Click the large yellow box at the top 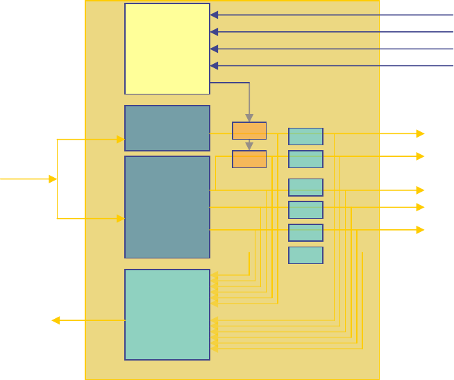(x=167, y=49)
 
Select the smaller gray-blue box (x=167, y=128)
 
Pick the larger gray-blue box (x=167, y=207)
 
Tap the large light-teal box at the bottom (x=167, y=315)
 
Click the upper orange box (x=249, y=131)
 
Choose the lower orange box (x=249, y=159)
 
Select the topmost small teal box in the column (x=305, y=136)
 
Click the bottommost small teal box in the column (x=305, y=255)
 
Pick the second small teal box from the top (x=305, y=159)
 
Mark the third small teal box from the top (x=305, y=188)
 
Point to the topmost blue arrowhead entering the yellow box (x=214, y=15)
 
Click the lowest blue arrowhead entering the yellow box (x=214, y=66)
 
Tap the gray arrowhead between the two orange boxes (x=249, y=147)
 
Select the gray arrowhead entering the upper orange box (x=249, y=118)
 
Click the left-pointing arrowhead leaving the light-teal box (x=56, y=320)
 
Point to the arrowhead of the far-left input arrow (x=53, y=179)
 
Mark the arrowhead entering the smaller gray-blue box (x=121, y=139)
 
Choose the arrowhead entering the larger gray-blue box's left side (x=121, y=218)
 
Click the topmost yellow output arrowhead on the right (x=420, y=133)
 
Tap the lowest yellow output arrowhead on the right (x=420, y=229)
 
